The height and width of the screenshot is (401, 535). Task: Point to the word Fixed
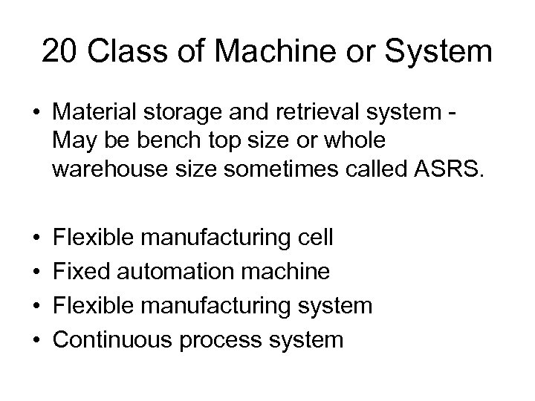click(x=80, y=272)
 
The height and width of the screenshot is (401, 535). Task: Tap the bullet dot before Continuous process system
click(x=36, y=339)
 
